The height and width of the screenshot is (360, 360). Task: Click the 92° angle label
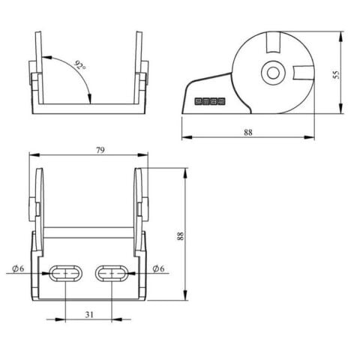80,65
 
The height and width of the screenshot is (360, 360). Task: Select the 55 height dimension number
337,74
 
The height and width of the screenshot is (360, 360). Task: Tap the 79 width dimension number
100,150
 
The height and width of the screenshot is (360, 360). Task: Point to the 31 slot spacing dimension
89,314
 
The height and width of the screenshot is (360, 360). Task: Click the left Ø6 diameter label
18,268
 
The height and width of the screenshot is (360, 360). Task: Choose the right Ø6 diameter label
158,268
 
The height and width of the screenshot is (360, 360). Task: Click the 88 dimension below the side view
248,133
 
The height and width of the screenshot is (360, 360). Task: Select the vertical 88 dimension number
180,236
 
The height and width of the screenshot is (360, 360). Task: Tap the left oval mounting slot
65,274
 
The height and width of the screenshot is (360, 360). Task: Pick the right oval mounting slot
112,274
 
